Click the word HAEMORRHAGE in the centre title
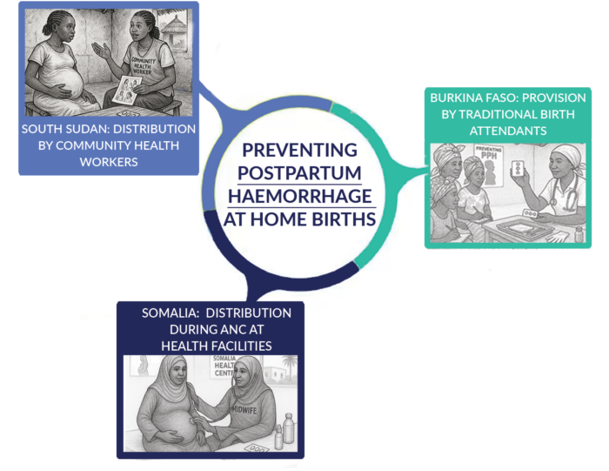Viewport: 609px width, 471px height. pos(299,193)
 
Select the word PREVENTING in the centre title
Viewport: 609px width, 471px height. pos(299,149)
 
